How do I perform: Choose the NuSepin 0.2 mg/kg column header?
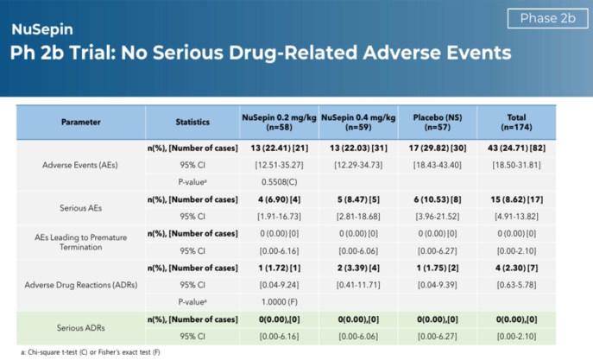278,122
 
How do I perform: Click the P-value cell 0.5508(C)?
278,183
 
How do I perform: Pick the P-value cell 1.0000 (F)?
278,302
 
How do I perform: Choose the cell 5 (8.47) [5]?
357,199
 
